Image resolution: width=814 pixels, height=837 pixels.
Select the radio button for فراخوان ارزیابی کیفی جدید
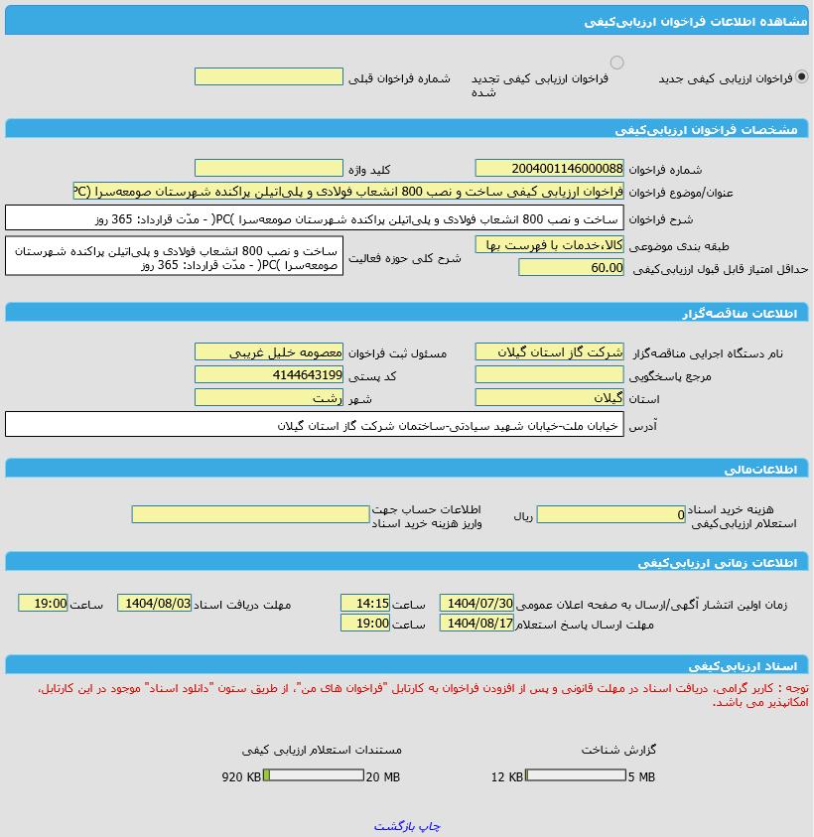(x=802, y=76)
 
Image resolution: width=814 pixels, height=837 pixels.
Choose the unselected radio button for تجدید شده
(x=616, y=63)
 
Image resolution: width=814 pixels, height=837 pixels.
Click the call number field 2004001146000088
(x=549, y=169)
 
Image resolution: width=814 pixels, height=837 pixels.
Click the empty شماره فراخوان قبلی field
(x=268, y=76)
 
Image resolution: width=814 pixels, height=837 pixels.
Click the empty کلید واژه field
(x=268, y=169)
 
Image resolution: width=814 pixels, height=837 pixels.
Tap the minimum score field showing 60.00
(x=571, y=267)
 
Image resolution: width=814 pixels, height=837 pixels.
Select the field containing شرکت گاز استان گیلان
(x=549, y=351)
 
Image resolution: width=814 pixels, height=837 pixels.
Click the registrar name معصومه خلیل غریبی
(x=268, y=351)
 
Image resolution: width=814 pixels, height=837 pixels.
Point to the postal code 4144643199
(x=268, y=374)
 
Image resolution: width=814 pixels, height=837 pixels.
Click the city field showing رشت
(x=268, y=397)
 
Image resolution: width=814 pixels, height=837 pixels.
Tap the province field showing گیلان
(x=549, y=397)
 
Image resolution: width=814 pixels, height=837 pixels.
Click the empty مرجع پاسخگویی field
(x=549, y=374)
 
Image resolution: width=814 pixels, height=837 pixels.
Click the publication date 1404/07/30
(x=477, y=603)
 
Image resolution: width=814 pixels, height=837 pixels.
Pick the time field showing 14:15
(x=365, y=603)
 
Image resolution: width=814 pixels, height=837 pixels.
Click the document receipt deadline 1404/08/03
(x=154, y=603)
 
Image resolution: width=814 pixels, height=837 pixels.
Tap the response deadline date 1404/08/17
(x=477, y=623)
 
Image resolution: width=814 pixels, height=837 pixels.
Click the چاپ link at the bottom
(x=430, y=826)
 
